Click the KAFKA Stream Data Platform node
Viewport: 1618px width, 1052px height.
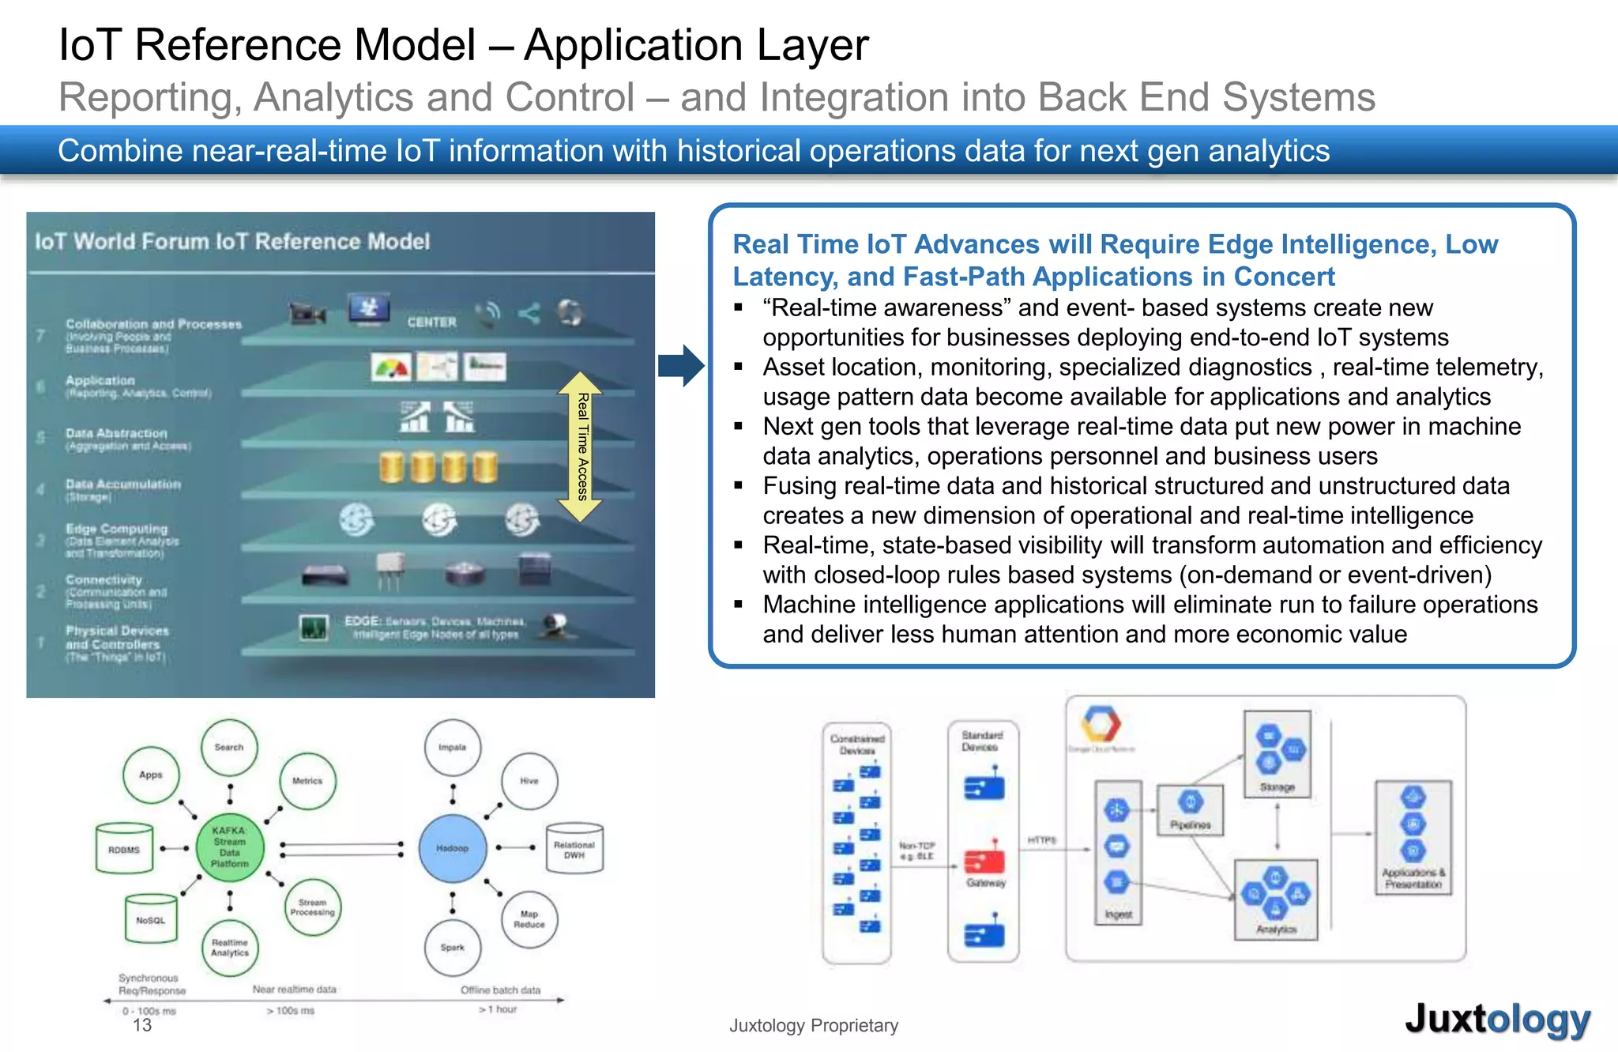[x=229, y=847]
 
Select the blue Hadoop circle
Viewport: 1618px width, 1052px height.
[x=453, y=848]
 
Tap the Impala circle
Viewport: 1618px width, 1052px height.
[x=452, y=747]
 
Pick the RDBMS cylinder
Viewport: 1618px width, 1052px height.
[x=124, y=849]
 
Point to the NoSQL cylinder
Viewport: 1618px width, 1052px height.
[x=151, y=919]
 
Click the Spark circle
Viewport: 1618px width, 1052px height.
[x=453, y=947]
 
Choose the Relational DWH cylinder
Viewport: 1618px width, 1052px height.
[x=574, y=849]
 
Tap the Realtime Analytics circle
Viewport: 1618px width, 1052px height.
[x=230, y=948]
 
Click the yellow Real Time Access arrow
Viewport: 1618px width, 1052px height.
[x=581, y=447]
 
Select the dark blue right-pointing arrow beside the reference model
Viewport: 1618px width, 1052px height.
[x=680, y=365]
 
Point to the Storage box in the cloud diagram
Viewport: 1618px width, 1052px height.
[x=1277, y=753]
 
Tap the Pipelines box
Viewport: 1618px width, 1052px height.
[x=1191, y=809]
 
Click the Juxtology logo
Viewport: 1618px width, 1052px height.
[x=1497, y=1019]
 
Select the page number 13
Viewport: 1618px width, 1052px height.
[x=142, y=1025]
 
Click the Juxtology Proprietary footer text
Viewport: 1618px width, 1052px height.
[x=814, y=1026]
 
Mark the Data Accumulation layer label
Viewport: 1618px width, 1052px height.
[x=123, y=484]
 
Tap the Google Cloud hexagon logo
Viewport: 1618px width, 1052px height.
[x=1101, y=723]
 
